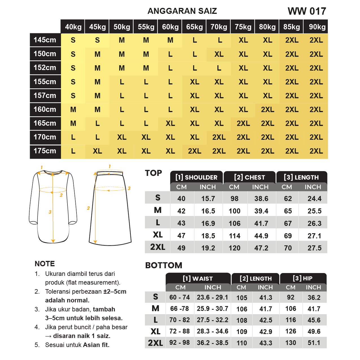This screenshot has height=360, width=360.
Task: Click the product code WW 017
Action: coord(307,11)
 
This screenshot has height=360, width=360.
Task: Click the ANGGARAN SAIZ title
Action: coord(182,11)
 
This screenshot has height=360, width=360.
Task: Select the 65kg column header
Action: coord(194,27)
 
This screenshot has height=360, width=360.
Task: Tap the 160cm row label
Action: coord(45,109)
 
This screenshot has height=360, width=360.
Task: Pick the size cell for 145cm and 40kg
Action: coord(73,40)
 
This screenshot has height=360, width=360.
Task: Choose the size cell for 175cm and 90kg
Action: coord(316,151)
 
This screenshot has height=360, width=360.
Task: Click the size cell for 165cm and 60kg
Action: coord(170,123)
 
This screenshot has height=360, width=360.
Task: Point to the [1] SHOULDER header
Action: coord(197,177)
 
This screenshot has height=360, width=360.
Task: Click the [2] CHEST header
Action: coord(250,177)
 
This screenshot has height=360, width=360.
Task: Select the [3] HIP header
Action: coord(303,278)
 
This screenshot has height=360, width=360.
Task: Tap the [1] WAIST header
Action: coord(198,279)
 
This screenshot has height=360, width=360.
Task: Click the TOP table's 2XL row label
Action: coord(158,247)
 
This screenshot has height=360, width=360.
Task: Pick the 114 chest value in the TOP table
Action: coord(235,236)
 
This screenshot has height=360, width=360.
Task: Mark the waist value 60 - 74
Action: coord(180,297)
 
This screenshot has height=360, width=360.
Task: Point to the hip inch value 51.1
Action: coord(314,343)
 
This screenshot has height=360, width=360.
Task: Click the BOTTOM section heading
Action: coord(164,265)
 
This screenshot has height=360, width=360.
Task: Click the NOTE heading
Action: coord(45,264)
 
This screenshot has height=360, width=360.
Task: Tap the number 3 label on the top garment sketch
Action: coord(50,212)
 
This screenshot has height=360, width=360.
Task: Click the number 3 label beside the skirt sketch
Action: coord(129,188)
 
